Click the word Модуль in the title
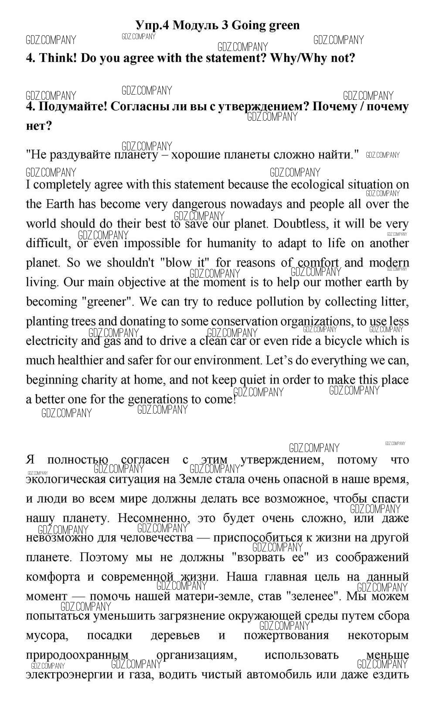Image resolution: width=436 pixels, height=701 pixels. click(194, 25)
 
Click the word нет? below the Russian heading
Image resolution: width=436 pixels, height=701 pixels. click(39, 126)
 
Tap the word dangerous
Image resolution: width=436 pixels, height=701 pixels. click(199, 204)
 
